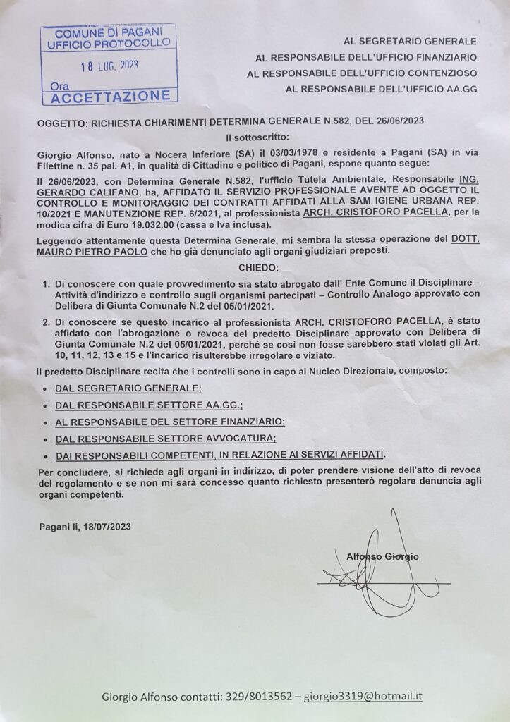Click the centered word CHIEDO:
(x=255, y=269)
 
